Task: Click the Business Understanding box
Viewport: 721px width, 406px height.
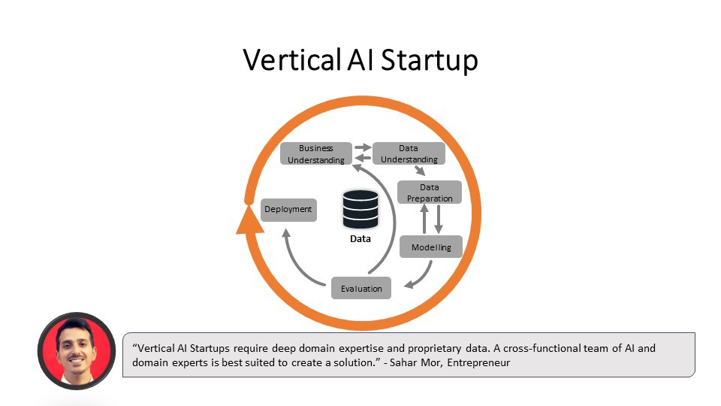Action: [x=316, y=153]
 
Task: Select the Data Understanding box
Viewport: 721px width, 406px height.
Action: [x=409, y=153]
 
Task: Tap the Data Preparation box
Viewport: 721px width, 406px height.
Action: [x=429, y=192]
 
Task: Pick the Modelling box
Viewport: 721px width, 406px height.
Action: [x=430, y=247]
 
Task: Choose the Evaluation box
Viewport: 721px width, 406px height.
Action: [x=361, y=288]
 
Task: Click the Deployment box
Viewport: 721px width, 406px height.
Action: [x=288, y=209]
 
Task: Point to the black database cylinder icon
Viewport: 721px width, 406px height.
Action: [x=360, y=209]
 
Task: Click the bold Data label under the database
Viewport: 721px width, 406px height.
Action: [x=360, y=239]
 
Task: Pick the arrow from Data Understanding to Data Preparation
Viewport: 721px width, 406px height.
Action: [x=409, y=171]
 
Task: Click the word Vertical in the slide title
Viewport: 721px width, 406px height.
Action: [x=291, y=60]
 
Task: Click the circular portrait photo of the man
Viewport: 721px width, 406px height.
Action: [x=76, y=350]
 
